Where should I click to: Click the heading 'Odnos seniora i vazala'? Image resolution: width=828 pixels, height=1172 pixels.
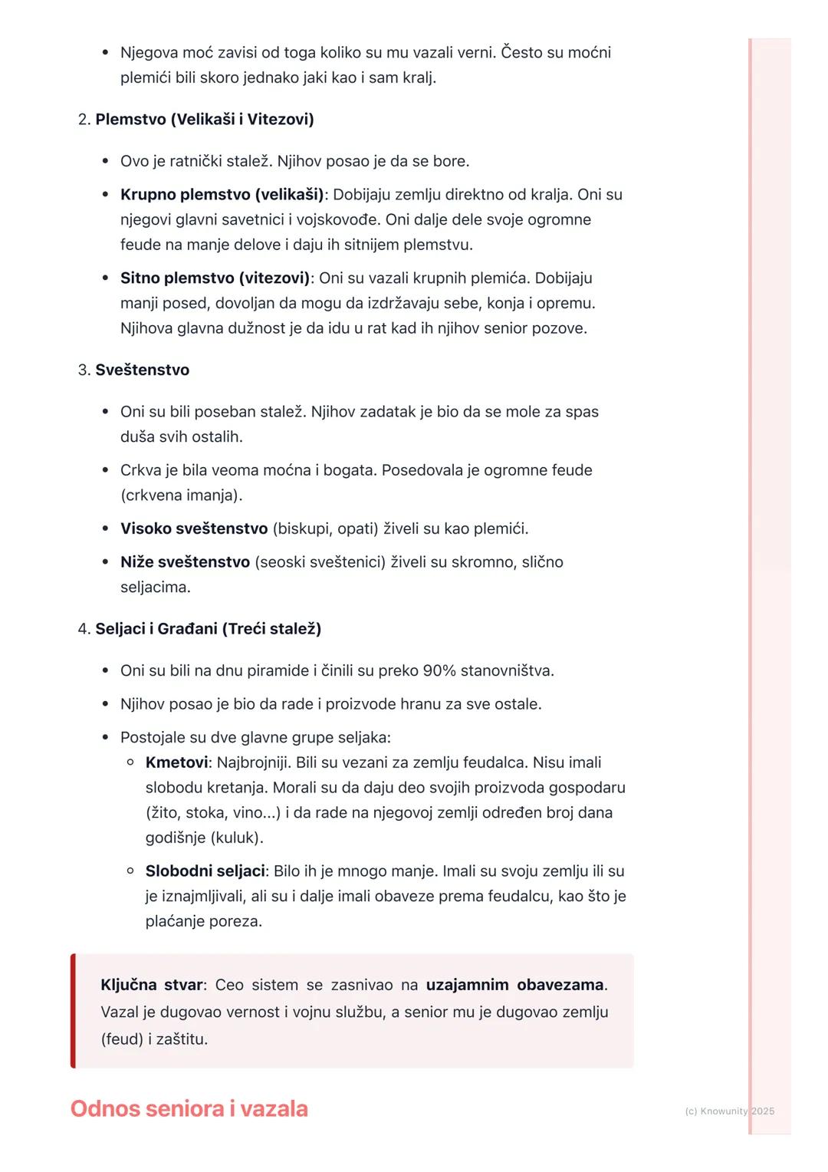click(189, 1108)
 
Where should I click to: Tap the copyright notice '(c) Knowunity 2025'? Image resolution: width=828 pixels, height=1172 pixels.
click(729, 1111)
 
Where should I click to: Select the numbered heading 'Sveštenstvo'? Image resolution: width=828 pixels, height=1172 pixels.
click(142, 370)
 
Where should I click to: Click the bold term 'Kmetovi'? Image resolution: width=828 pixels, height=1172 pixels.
click(176, 762)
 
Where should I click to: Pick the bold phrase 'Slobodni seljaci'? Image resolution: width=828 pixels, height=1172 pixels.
click(205, 871)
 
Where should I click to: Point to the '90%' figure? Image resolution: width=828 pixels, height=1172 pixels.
click(439, 670)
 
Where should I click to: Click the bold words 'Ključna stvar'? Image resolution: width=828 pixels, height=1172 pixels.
click(151, 984)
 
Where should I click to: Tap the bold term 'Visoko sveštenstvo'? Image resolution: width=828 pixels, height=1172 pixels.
click(193, 528)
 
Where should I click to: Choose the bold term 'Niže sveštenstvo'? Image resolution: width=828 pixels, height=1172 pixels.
click(185, 561)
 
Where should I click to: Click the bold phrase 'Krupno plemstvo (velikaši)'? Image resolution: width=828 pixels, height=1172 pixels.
click(222, 194)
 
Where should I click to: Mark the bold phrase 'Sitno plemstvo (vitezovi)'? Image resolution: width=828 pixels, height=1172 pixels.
click(215, 278)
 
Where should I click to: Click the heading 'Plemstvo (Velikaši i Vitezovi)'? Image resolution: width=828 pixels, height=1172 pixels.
click(205, 119)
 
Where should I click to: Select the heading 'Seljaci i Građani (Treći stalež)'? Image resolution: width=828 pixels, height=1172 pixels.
click(208, 629)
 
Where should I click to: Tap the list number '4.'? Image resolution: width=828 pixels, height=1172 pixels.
click(84, 629)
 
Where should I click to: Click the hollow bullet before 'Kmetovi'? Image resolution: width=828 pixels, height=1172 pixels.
click(130, 762)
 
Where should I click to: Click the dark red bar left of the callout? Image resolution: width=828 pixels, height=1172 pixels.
click(73, 1011)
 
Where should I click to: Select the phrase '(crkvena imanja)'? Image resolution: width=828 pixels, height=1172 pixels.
click(181, 495)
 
